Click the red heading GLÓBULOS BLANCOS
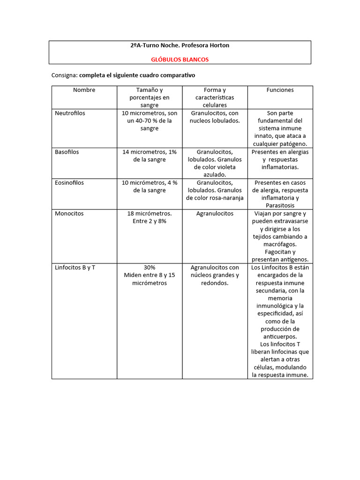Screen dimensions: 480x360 pyautogui.click(x=180, y=60)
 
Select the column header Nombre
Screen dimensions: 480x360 pyautogui.click(x=84, y=90)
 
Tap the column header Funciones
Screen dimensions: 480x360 pyautogui.click(x=280, y=90)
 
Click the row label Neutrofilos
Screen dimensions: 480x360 pyautogui.click(x=70, y=113)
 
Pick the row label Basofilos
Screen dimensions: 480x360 pyautogui.click(x=67, y=152)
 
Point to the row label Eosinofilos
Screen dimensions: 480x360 pyautogui.click(x=69, y=182)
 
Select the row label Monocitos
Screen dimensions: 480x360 pyautogui.click(x=69, y=213)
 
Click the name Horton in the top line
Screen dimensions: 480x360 pyautogui.click(x=218, y=45)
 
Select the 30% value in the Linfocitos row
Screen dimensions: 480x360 pyautogui.click(x=150, y=268)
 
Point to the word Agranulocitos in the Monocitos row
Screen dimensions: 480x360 pyautogui.click(x=215, y=213)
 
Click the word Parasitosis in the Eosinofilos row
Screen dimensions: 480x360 pyautogui.click(x=280, y=205)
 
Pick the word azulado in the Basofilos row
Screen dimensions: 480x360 pyautogui.click(x=215, y=174)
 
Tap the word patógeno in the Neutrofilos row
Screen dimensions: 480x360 pyautogui.click(x=294, y=143)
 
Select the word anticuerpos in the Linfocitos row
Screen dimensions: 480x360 pyautogui.click(x=280, y=337)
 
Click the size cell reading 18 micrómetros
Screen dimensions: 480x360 pyautogui.click(x=150, y=213)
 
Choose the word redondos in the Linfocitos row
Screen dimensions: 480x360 pyautogui.click(x=214, y=283)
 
